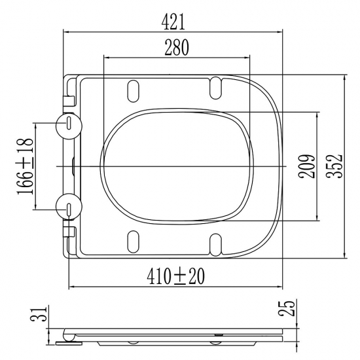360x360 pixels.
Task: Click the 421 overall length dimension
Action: click(173, 22)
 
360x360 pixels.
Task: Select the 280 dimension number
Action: click(177, 48)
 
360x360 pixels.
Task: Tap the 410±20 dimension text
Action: click(175, 276)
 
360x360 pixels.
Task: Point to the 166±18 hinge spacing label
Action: click(25, 166)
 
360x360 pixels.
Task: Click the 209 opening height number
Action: click(307, 166)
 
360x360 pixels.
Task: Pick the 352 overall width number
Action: click(334, 166)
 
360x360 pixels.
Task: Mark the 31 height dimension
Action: click(39, 314)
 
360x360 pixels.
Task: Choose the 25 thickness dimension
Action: click(286, 308)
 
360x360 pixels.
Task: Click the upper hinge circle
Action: click(69, 126)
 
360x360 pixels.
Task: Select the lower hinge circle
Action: click(69, 207)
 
